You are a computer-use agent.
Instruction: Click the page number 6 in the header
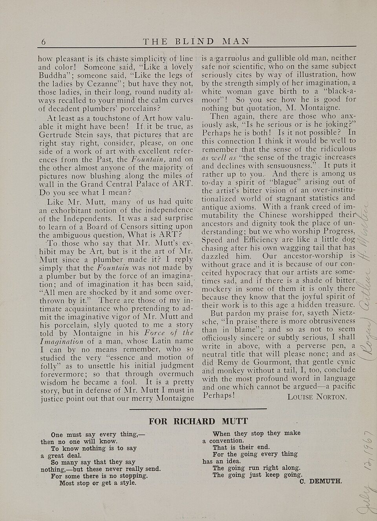tap(44, 42)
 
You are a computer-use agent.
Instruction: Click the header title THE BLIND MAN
tap(196, 42)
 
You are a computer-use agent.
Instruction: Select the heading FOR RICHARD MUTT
tap(198, 421)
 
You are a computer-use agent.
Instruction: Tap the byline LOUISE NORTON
tap(317, 397)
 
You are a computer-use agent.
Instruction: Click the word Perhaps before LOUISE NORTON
tap(218, 395)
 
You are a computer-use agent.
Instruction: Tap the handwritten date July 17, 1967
tap(366, 471)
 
